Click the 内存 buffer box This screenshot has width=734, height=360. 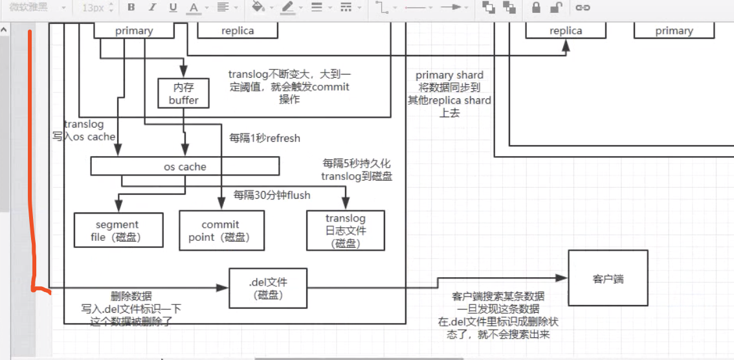point(183,93)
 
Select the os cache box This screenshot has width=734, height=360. point(185,166)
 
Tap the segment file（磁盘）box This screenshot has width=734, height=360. point(118,230)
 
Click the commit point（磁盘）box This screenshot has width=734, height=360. point(222,230)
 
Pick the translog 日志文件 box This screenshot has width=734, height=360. point(346,230)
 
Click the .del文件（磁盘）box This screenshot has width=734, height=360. point(268,288)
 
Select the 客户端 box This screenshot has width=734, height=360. point(608,278)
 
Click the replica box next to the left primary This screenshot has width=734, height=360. point(238,31)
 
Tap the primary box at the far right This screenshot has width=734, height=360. point(674,31)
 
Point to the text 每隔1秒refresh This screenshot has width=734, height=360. point(265,139)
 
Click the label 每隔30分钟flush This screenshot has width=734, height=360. point(272,195)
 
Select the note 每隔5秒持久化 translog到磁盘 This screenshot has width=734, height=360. point(357,170)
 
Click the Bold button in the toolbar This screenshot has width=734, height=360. point(131,8)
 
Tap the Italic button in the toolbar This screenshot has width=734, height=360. point(152,8)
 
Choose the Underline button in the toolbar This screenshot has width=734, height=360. point(173,8)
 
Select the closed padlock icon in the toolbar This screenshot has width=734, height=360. point(537,8)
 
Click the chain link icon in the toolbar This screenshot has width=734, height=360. point(583,8)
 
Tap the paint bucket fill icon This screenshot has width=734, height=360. point(258,7)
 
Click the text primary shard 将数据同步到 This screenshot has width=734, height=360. point(449,81)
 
